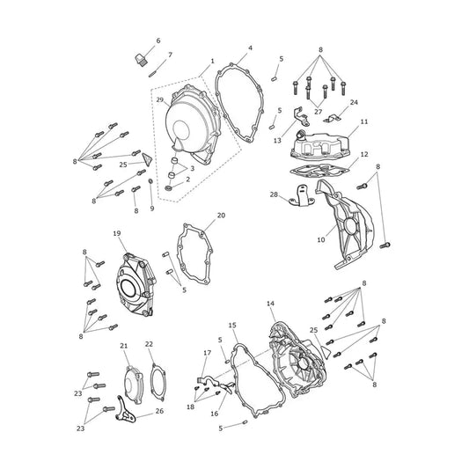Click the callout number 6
158,40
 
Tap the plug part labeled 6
140,59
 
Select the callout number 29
160,99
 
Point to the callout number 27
318,112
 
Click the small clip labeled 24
333,119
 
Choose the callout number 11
364,121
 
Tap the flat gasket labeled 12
319,171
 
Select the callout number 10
321,239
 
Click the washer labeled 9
151,181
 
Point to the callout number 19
117,233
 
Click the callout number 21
124,346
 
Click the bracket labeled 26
125,409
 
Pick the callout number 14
270,304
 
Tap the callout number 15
232,325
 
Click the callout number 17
208,353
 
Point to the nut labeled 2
169,187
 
